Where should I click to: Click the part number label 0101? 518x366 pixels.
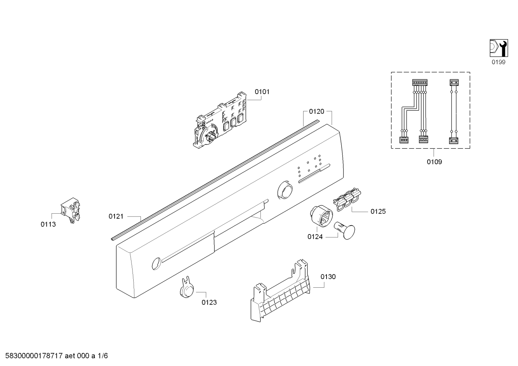pos(262,92)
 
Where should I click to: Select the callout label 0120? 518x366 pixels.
pos(316,111)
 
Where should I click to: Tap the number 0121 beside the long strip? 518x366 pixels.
pos(116,217)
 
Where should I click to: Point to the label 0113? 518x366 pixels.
pos(48,224)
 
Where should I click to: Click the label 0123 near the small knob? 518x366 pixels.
pos(209,302)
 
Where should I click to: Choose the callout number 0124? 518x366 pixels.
pos(315,237)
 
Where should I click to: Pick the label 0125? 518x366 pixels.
pos(378,211)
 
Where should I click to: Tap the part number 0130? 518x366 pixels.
pos(328,277)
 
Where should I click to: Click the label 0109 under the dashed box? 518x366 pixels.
pos(434,162)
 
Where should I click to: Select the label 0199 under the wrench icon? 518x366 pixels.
pos(498,62)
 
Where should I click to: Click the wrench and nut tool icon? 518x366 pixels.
pos(499,48)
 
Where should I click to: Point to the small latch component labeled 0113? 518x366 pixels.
pos(71,210)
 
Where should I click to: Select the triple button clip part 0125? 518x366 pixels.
pos(347,199)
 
